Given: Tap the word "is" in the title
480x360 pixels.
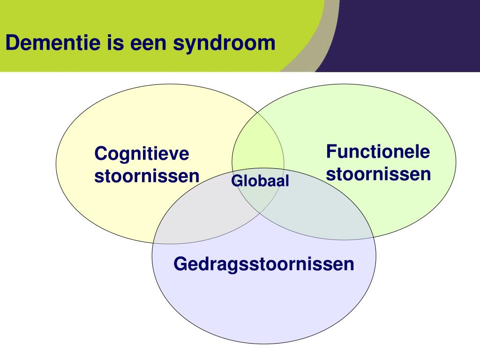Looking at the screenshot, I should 111,44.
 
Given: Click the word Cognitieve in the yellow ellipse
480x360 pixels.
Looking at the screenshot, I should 142,154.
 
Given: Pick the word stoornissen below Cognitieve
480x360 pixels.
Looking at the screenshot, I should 147,177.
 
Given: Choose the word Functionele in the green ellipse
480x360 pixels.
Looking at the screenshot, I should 378,151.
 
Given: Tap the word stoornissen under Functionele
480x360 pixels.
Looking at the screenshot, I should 378,174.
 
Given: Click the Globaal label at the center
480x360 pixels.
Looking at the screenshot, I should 260,181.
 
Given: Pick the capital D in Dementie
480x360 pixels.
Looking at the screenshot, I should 11,44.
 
